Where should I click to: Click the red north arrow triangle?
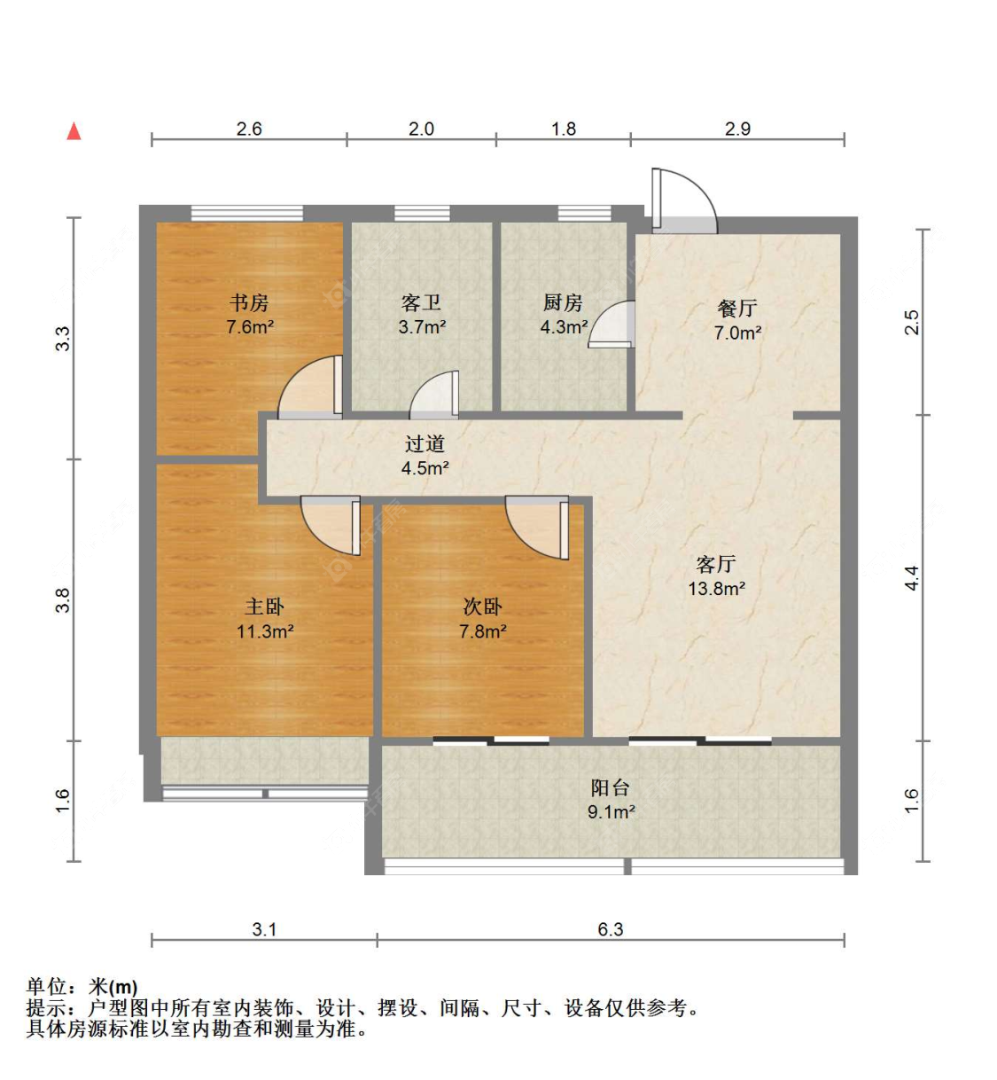point(74,131)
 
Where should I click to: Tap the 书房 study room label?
point(249,302)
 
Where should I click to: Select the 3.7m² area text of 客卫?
point(423,327)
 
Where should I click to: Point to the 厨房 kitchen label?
point(563,302)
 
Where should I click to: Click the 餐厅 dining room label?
point(737,309)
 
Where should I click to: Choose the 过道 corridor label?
point(425,443)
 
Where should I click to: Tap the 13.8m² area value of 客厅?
point(716,589)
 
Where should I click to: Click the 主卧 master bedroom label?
point(265,607)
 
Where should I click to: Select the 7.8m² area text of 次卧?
point(483,631)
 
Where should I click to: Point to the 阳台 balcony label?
point(611,787)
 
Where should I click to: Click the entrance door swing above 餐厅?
point(684,200)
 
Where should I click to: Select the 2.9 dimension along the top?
point(737,129)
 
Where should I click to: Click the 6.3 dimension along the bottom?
point(611,929)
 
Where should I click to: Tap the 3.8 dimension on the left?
point(63,600)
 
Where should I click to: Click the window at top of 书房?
point(246,213)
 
